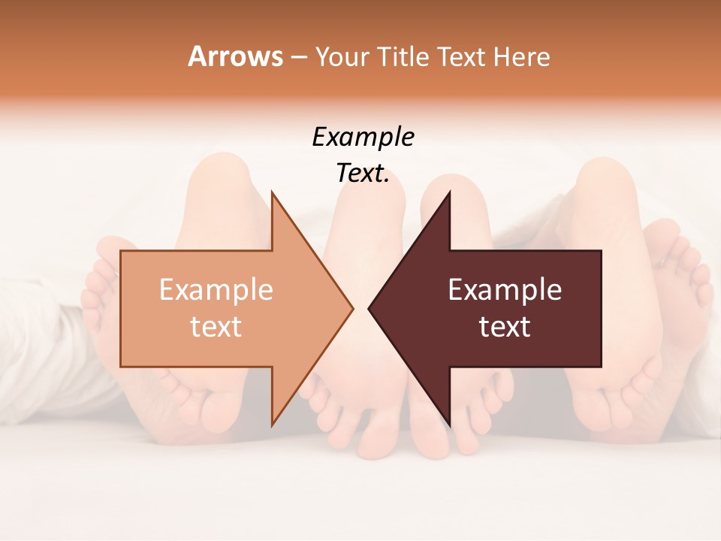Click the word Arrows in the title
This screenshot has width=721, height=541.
coord(235,56)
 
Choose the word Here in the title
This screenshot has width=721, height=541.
coord(521,56)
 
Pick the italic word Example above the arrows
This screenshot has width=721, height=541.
coord(364,138)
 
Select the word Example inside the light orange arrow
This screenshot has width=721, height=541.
coord(216,290)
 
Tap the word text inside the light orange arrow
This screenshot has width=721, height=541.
coord(216,327)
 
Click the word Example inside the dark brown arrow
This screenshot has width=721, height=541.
coord(505,290)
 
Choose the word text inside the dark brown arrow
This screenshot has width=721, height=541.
coord(505,327)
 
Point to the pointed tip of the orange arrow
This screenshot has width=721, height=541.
coord(353,308)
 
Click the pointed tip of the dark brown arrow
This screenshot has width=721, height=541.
coord(369,308)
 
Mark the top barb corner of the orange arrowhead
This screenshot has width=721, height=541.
coord(272,192)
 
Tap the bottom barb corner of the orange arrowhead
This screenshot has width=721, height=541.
coord(272,425)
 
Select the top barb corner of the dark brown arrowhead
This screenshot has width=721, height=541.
coord(449,192)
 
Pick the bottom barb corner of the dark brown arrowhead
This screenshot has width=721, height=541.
coord(449,425)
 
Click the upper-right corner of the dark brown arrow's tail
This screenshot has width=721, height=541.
coord(601,251)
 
